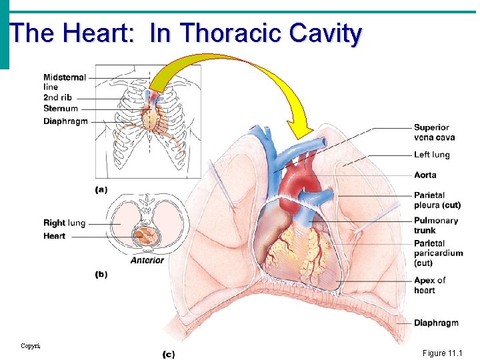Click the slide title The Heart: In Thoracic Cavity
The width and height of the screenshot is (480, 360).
click(x=186, y=33)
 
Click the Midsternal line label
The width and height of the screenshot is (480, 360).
click(x=65, y=82)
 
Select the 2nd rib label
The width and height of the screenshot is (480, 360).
click(x=57, y=97)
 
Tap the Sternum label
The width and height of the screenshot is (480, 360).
click(x=61, y=108)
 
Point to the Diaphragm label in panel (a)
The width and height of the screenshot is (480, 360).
click(x=65, y=121)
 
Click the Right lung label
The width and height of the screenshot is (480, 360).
click(x=64, y=223)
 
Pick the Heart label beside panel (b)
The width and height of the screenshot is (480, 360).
click(x=54, y=235)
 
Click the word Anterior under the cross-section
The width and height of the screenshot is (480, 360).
click(x=147, y=260)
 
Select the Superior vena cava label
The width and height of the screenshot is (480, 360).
click(x=434, y=132)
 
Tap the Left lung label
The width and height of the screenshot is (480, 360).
click(x=431, y=155)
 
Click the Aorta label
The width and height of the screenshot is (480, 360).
click(x=425, y=175)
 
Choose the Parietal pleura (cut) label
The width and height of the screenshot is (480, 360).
click(x=437, y=200)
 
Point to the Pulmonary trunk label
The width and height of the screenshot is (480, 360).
click(x=435, y=225)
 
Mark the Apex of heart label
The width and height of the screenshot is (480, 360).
click(x=429, y=285)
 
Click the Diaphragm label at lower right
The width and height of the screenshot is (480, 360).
click(x=435, y=323)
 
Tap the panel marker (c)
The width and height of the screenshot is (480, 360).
click(x=168, y=354)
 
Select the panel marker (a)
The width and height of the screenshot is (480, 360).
click(x=101, y=189)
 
